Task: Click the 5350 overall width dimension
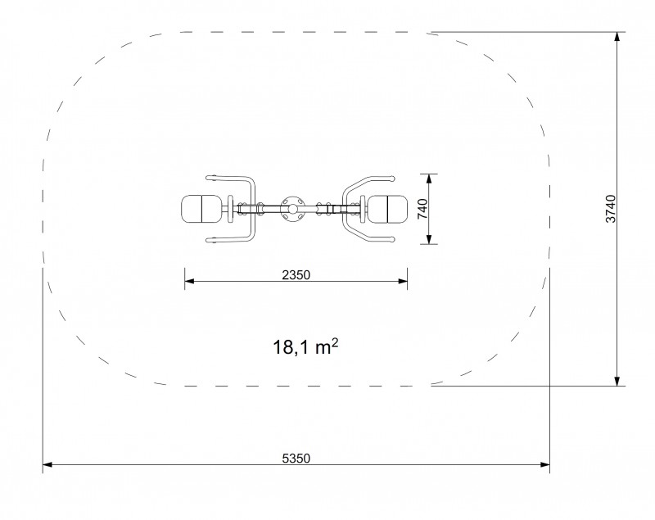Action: pos(296,459)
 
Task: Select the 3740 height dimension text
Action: pos(611,209)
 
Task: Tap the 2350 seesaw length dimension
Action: pos(296,275)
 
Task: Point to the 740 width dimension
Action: pos(422,209)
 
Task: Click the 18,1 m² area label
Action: pos(305,346)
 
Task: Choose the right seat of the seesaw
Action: pos(387,209)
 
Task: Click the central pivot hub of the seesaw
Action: pos(293,209)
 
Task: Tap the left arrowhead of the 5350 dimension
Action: pos(47,464)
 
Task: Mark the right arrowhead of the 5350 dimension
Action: pos(545,464)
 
